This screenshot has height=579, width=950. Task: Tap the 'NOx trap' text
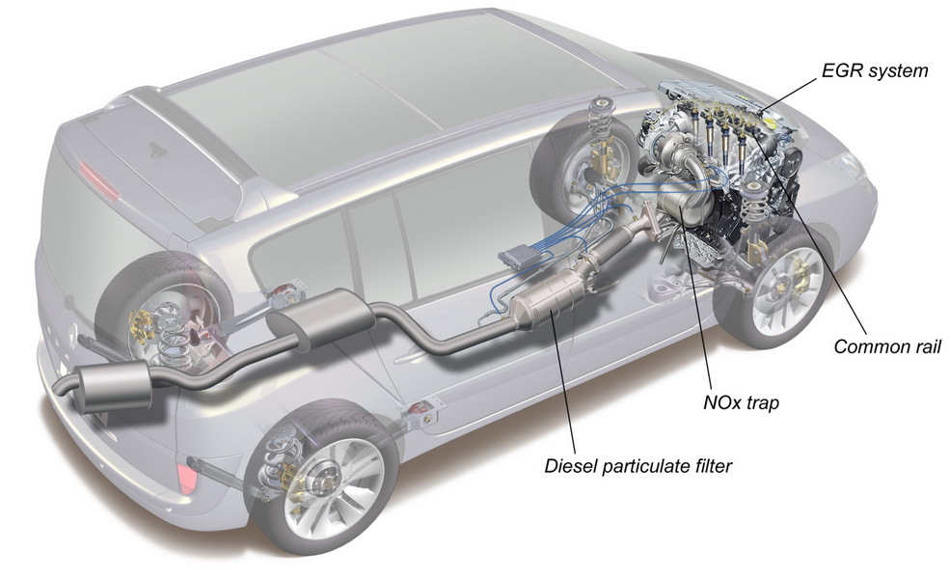coord(741,402)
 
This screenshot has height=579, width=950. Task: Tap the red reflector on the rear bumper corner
coord(184,476)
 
